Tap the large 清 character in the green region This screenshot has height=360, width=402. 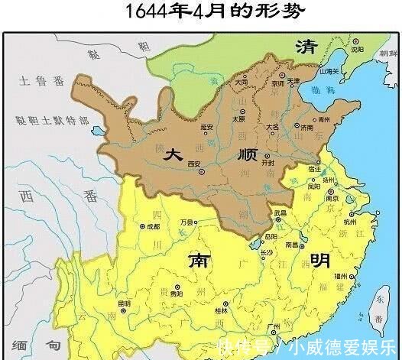pos(306,46)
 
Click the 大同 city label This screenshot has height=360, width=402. pos(242,81)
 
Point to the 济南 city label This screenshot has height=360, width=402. pos(306,127)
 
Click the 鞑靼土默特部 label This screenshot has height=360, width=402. pos(52,120)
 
